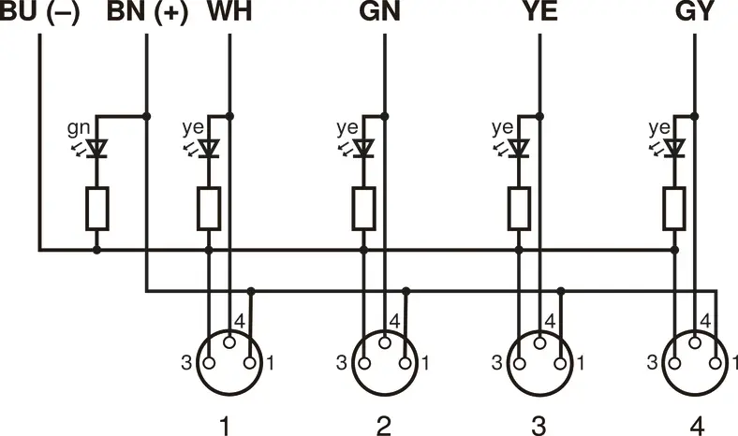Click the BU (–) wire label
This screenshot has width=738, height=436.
pos(39,12)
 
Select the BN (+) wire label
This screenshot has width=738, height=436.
pos(147,12)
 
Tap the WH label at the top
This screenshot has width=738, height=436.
pos(229,12)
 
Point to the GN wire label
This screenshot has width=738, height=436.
pos(379,12)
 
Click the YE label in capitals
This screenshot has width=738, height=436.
pos(540,12)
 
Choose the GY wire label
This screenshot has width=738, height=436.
pos(695,12)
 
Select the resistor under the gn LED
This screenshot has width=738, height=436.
pos(97,209)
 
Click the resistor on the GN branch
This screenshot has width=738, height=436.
pos(363,209)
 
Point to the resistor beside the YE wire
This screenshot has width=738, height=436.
pos(519,209)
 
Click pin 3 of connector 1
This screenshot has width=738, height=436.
pos(210,363)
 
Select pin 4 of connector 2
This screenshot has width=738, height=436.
pos(385,342)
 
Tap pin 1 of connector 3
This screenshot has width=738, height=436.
pos(560,363)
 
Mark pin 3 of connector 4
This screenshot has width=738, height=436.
pos(675,363)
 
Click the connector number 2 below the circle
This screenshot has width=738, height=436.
pos(384,426)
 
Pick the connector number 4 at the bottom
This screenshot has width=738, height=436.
pos(697,426)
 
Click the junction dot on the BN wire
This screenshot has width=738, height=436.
pos(146,116)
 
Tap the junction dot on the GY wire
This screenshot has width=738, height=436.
pos(695,116)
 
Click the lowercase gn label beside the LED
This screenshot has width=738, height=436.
pos(78,128)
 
